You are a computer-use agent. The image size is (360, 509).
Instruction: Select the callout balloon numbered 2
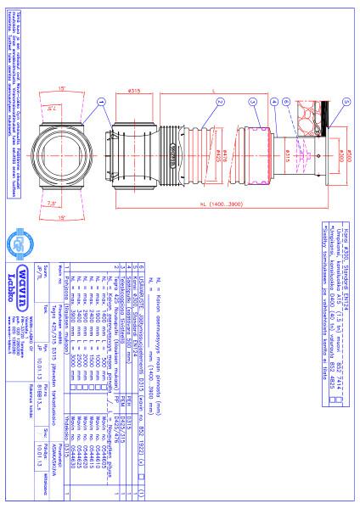(x=218, y=100)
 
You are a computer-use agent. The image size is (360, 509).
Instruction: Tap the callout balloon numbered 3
(x=252, y=100)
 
